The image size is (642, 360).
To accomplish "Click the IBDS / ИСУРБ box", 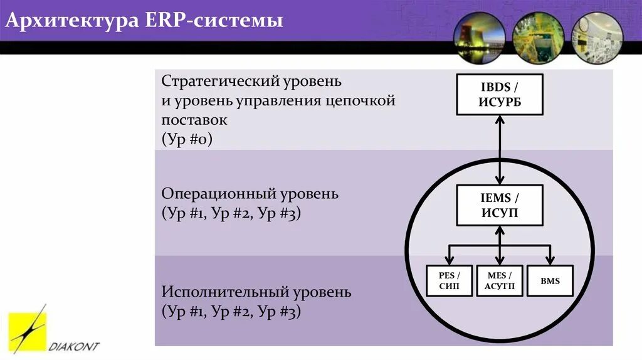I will pos(500,94).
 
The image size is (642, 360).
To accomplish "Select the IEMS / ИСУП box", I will pos(500,206).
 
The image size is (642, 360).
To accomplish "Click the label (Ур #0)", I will pos(187,139).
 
